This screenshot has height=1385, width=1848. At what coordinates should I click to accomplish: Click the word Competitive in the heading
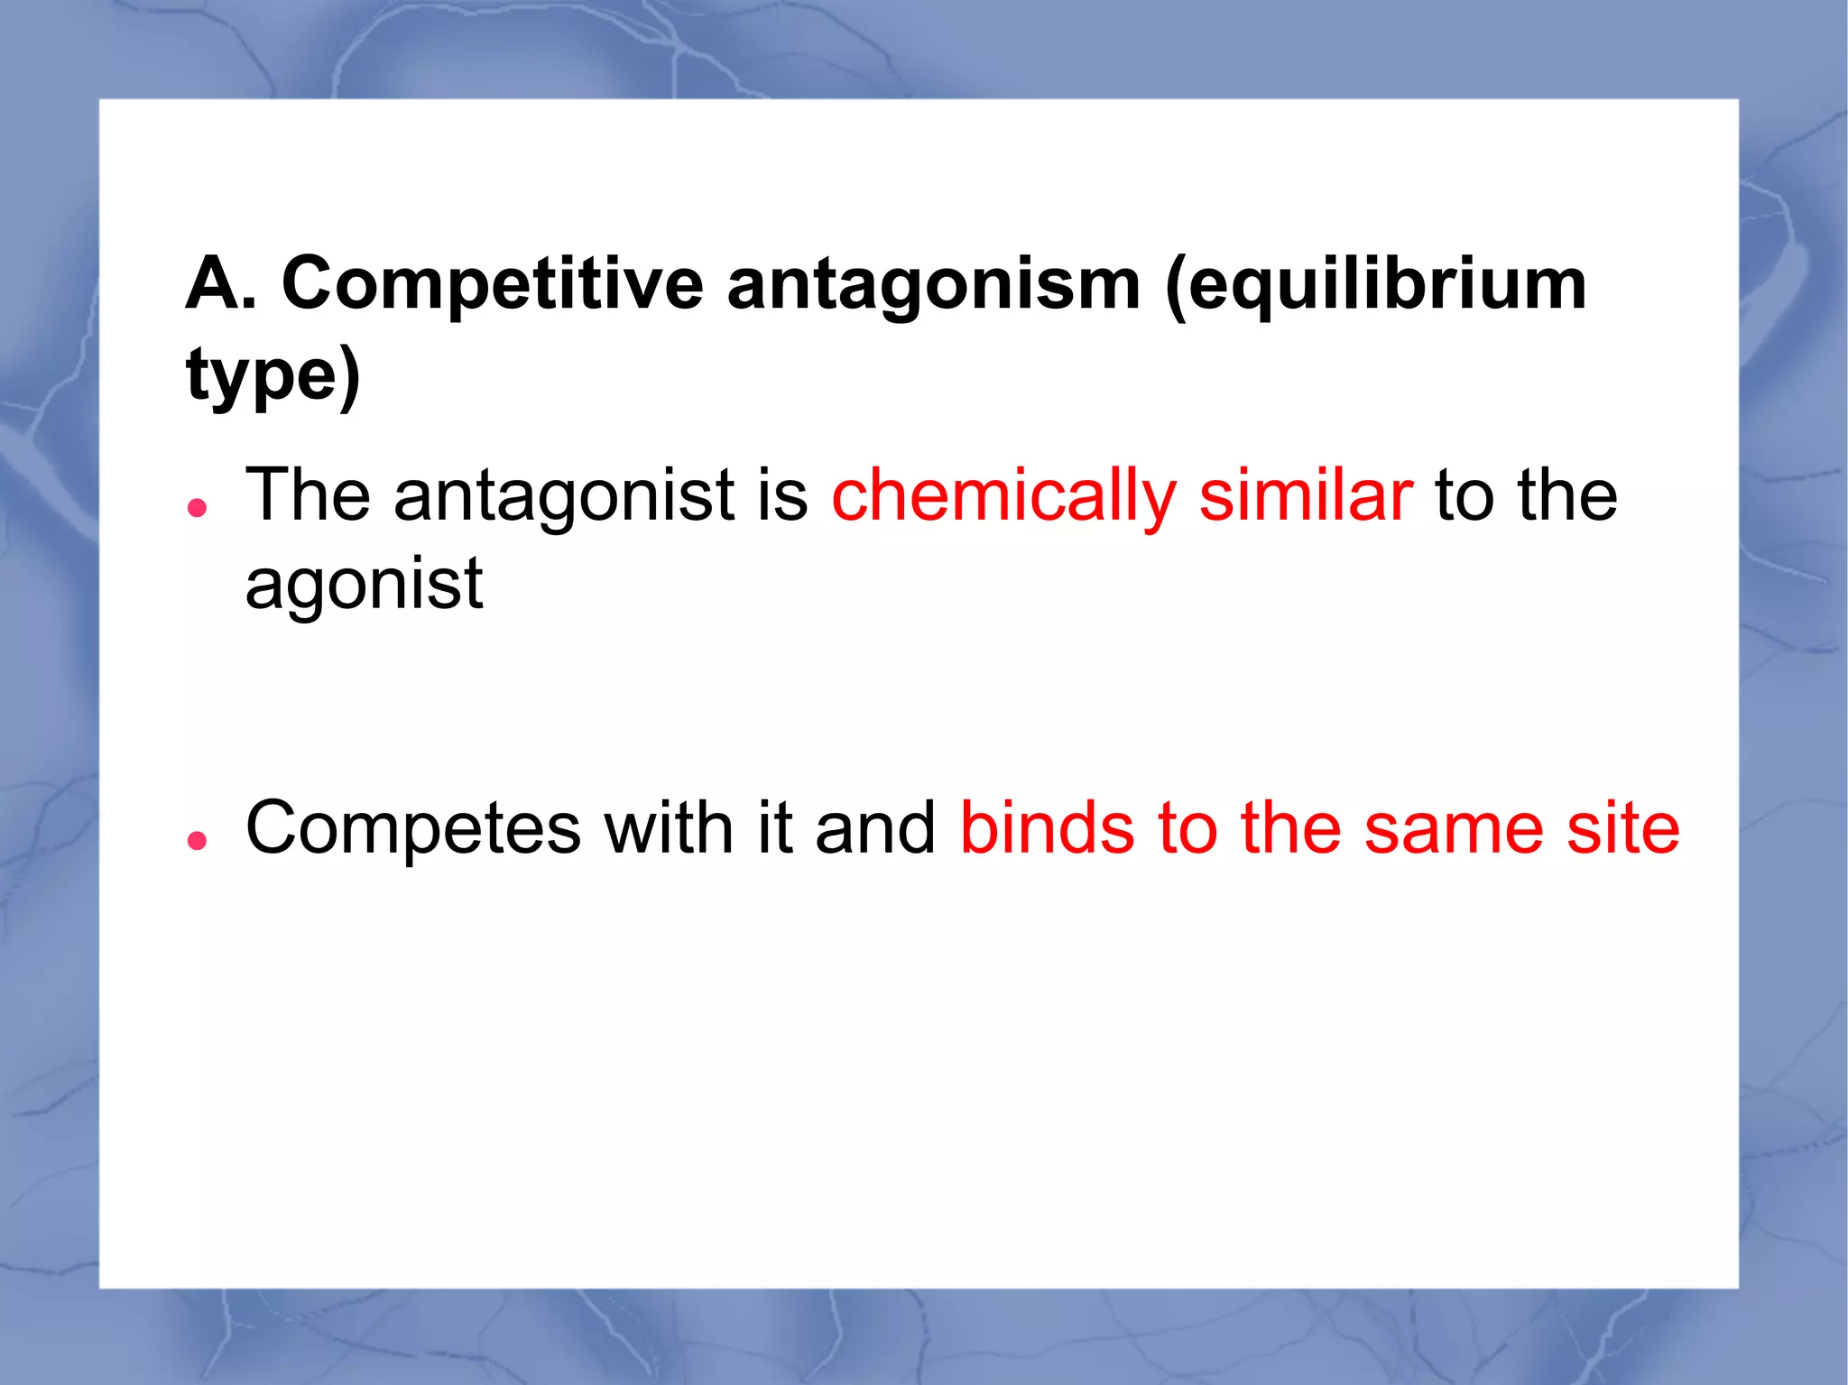pos(493,284)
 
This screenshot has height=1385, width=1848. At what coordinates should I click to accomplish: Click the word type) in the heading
pos(273,376)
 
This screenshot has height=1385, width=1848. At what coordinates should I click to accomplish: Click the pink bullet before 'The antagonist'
pos(197,508)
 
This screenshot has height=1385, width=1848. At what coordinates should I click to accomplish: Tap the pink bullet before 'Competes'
pos(197,841)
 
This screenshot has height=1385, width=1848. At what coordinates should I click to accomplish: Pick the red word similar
pos(1306,495)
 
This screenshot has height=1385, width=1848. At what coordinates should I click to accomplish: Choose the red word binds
pos(1047,828)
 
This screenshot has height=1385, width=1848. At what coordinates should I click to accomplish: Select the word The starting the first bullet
pos(308,495)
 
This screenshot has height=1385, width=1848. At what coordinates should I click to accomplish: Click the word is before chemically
pos(782,495)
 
